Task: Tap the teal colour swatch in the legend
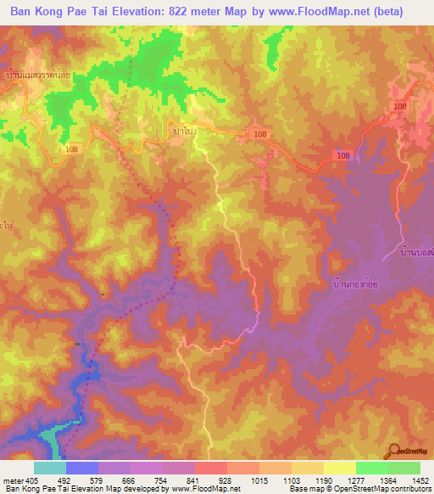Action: pyautogui.click(x=50, y=468)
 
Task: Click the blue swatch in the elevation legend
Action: pyautogui.click(x=82, y=468)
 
